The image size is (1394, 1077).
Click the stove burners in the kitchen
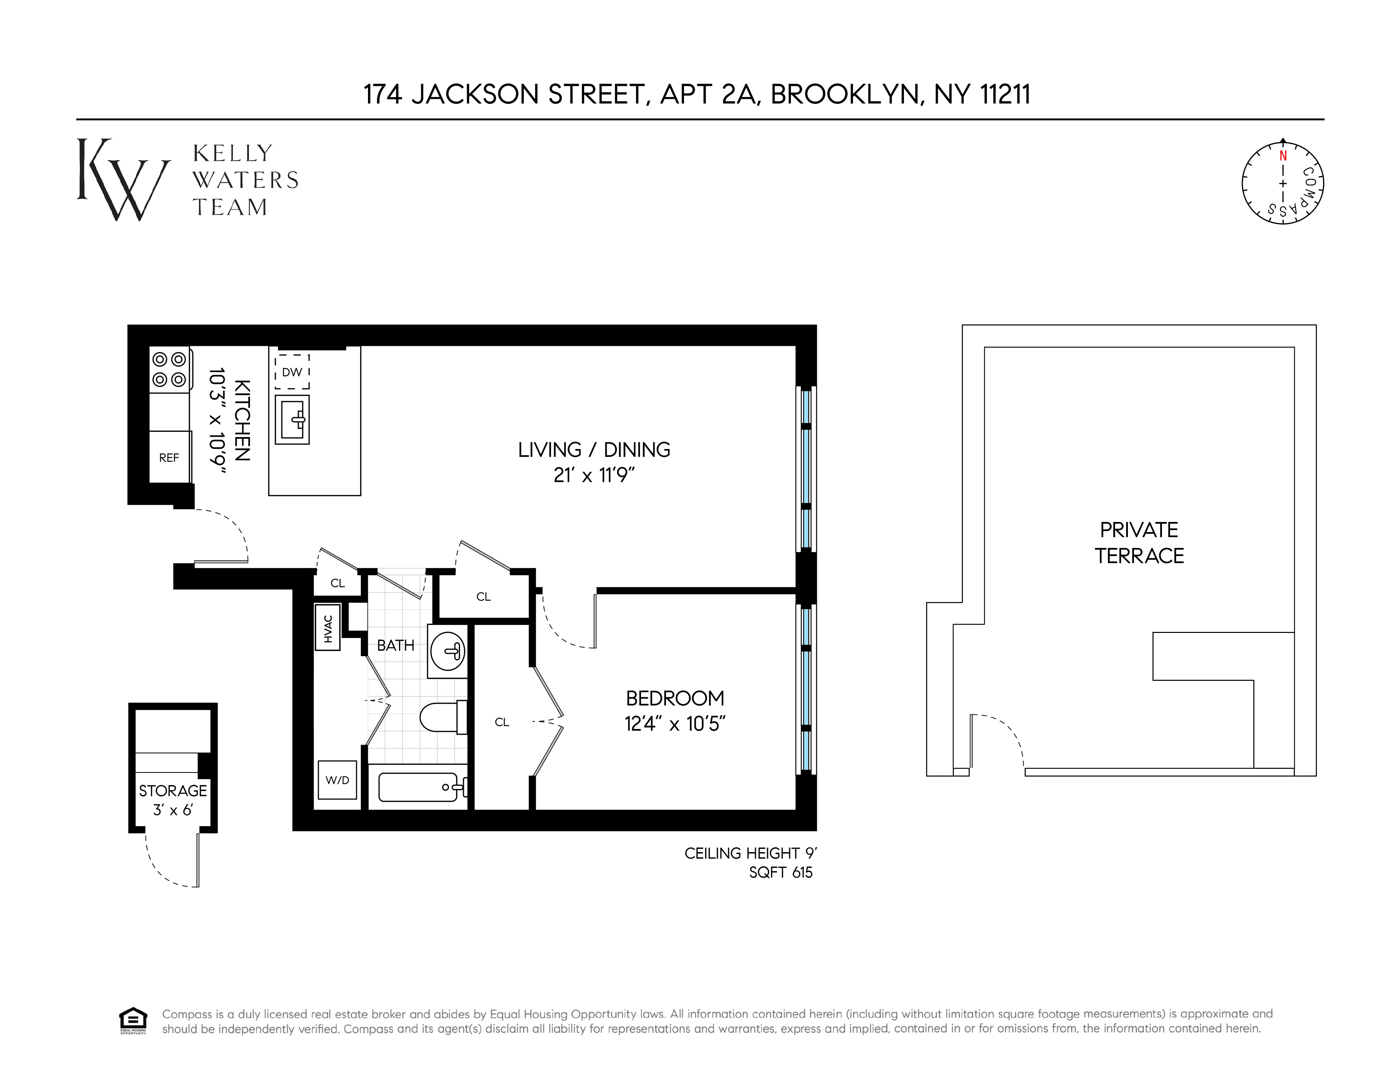click(169, 370)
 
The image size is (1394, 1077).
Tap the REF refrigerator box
click(169, 458)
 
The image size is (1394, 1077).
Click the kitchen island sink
click(292, 419)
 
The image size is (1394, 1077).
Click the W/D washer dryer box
click(337, 780)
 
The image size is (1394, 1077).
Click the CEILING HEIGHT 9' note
click(750, 853)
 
